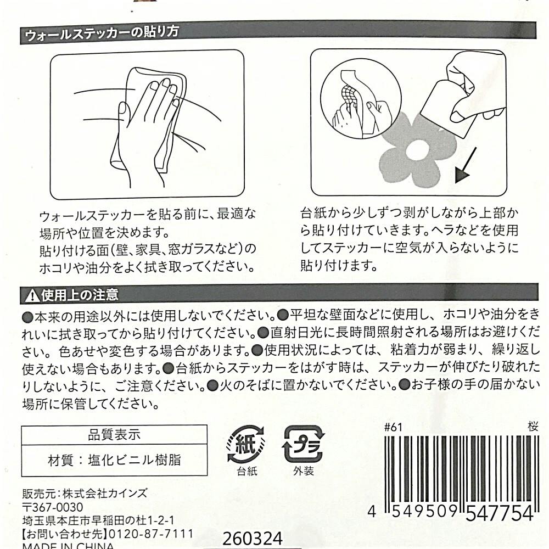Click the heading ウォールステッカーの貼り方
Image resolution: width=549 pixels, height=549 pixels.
102,34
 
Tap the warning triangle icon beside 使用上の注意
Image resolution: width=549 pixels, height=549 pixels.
32,296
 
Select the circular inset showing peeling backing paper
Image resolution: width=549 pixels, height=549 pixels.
361,99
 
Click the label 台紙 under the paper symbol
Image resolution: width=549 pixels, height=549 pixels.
247,471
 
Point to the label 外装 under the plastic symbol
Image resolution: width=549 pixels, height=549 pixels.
304,471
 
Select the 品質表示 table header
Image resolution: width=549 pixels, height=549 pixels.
114,435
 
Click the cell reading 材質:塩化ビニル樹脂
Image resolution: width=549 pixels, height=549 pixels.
114,461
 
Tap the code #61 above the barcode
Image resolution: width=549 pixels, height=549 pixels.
393,427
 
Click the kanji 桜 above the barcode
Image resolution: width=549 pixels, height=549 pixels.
533,427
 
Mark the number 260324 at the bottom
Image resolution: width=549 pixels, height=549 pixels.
253,539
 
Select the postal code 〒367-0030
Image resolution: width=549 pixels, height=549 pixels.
53,507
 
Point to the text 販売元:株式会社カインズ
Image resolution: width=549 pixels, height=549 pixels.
85,494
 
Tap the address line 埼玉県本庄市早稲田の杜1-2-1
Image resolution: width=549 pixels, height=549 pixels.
98,520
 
